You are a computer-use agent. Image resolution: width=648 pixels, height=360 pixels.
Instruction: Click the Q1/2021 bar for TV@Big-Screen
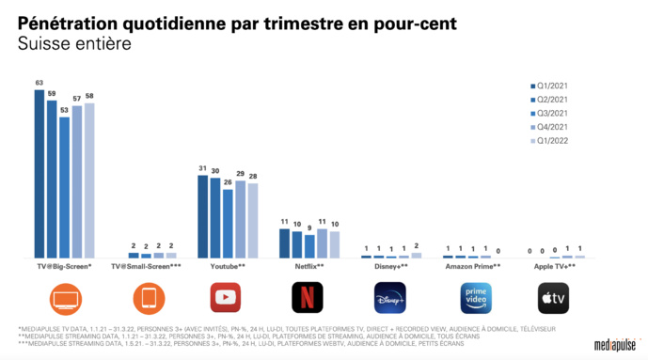coord(40,174)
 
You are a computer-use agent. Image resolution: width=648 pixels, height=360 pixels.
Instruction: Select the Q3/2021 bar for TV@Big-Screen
coord(64,187)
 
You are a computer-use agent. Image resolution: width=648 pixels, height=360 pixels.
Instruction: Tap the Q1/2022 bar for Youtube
coord(252,220)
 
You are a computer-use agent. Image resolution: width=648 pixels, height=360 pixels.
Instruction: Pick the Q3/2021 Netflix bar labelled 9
coord(308,245)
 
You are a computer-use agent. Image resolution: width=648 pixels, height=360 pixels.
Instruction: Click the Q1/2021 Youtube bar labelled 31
coord(202,216)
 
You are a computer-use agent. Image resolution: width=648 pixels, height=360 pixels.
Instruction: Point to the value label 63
coord(40,83)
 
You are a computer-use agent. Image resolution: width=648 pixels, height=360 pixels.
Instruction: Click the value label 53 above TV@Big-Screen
coord(64,109)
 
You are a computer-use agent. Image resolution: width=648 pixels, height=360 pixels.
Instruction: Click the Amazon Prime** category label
coord(472,267)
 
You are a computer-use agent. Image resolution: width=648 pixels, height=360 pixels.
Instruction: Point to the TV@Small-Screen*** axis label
coord(146,267)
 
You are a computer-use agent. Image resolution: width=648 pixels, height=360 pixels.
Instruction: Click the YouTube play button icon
coord(227,298)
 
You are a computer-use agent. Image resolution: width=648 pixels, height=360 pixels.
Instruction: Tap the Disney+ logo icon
coord(389,298)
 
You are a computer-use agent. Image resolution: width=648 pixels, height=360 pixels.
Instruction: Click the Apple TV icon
coord(553,298)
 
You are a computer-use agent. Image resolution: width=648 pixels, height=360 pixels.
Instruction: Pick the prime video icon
coord(472,298)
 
